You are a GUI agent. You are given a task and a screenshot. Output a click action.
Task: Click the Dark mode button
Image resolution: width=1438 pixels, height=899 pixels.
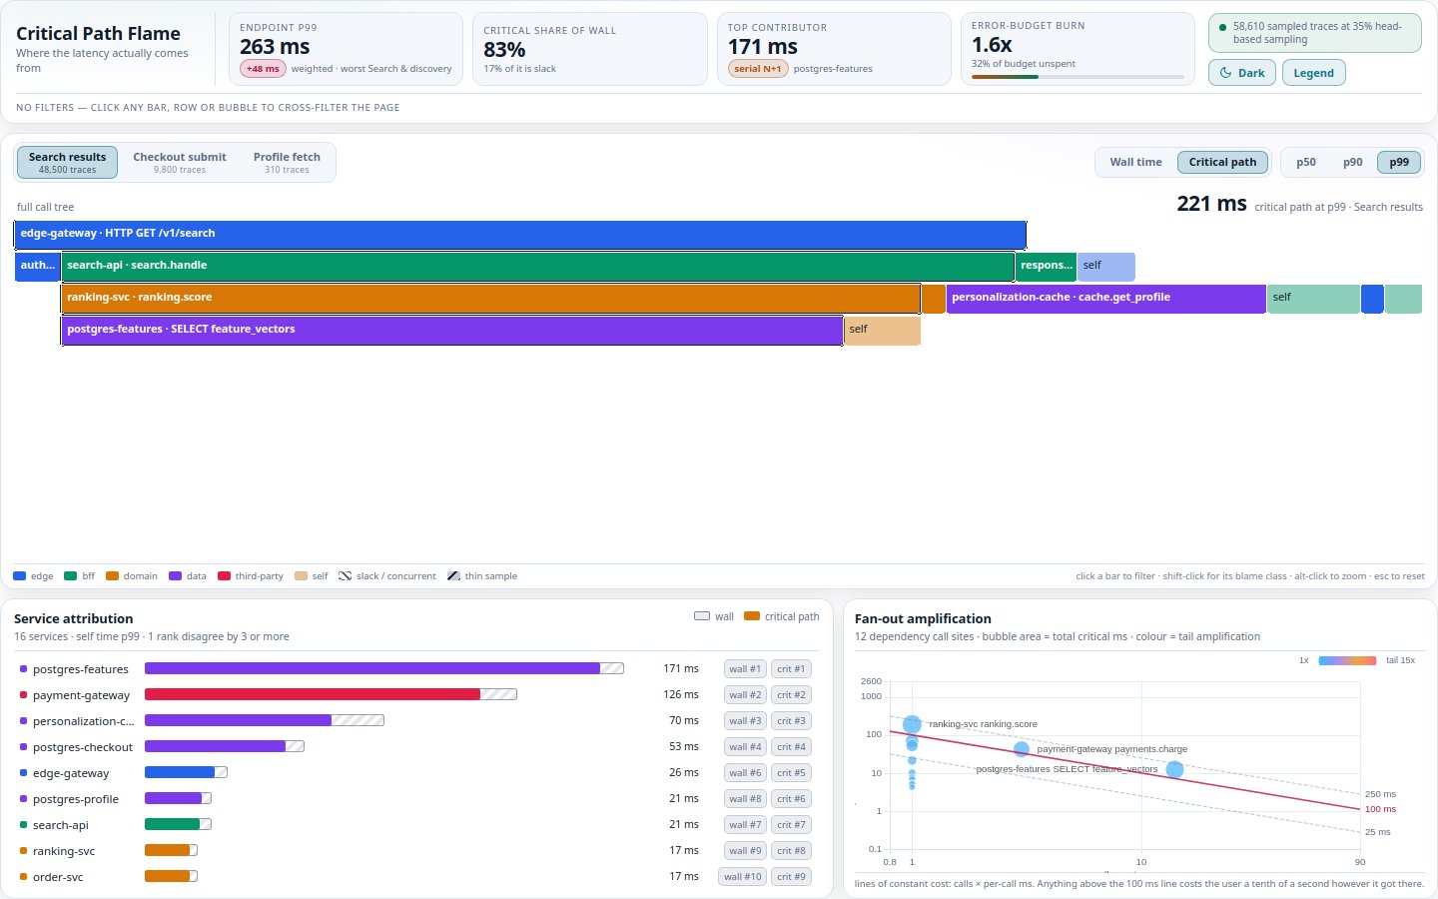click(1241, 73)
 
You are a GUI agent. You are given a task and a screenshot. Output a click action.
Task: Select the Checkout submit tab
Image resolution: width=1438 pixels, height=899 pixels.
click(179, 162)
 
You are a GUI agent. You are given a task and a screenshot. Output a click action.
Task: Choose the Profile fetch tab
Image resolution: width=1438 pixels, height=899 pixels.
click(287, 162)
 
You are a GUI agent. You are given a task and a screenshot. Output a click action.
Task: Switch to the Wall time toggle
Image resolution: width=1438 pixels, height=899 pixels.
click(1135, 162)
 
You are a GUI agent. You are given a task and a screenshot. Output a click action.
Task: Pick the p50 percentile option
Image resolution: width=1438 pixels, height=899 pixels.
click(1306, 162)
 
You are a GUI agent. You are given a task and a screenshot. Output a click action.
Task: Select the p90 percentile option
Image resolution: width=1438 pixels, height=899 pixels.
click(1352, 162)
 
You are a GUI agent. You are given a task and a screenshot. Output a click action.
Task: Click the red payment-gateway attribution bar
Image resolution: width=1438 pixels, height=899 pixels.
click(312, 694)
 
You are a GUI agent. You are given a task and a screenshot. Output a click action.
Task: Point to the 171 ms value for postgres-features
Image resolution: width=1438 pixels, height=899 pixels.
click(680, 668)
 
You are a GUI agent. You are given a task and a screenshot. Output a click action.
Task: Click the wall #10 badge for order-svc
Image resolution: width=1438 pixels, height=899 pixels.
click(742, 877)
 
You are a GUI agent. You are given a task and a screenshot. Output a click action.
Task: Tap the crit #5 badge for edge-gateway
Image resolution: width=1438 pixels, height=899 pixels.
click(791, 772)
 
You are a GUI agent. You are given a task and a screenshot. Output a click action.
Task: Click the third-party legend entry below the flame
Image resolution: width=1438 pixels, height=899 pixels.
click(251, 576)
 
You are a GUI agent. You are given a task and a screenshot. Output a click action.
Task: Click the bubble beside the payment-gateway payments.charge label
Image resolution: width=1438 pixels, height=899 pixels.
click(1022, 749)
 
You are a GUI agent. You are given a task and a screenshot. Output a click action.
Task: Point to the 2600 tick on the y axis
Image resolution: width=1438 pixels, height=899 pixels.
click(871, 680)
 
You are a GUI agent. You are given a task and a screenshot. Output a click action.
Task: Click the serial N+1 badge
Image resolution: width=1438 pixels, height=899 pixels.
click(758, 69)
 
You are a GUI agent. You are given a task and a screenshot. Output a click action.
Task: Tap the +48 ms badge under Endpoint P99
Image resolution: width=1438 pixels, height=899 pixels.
click(263, 69)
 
